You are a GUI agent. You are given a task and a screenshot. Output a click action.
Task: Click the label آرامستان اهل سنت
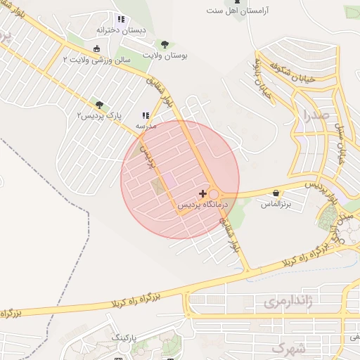click(x=238, y=11)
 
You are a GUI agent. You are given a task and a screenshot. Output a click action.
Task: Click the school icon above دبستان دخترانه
click(x=121, y=20)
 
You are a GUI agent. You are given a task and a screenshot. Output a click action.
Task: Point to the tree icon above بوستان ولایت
click(x=165, y=44)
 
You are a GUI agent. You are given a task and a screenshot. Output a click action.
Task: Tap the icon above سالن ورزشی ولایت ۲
click(x=96, y=49)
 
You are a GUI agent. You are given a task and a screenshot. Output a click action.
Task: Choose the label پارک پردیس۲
click(x=99, y=115)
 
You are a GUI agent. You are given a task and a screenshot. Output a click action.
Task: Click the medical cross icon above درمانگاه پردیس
click(x=202, y=193)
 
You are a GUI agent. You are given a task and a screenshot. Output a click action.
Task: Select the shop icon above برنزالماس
click(x=276, y=193)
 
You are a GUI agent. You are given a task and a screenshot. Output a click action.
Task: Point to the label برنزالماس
click(x=276, y=204)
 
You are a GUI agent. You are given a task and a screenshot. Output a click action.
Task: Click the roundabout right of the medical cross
click(x=214, y=193)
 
